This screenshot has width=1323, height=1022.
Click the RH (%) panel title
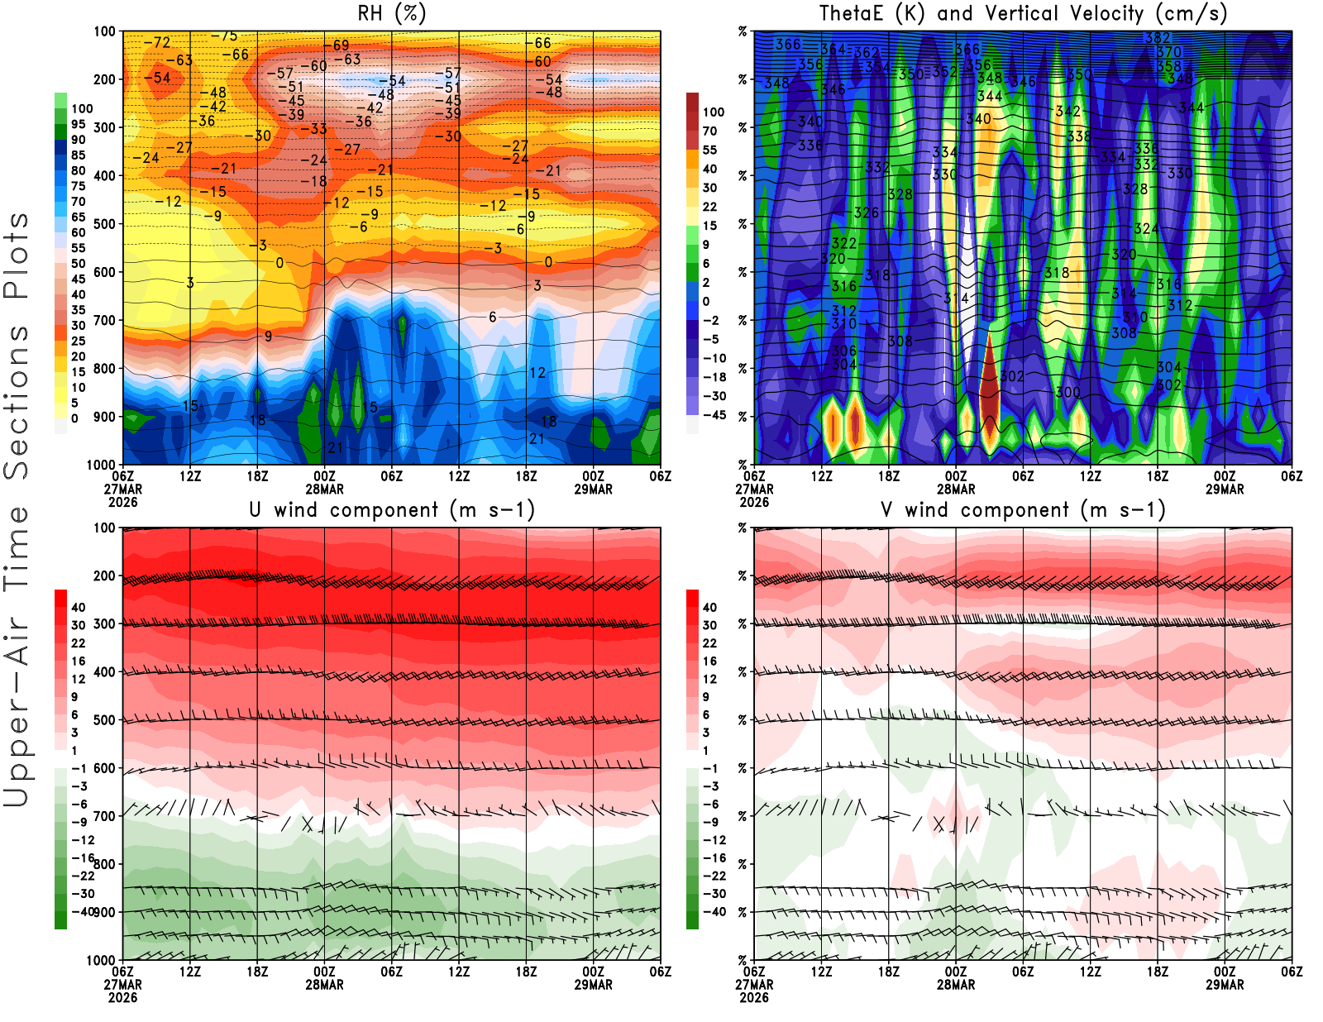pos(392,14)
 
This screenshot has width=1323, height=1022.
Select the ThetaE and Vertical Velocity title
pos(1023,14)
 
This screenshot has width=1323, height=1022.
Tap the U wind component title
pos(392,510)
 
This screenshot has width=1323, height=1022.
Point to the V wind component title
pos(1023,510)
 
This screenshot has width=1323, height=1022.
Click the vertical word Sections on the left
pos(17,401)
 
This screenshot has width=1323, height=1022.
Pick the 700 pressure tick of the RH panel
pos(104,320)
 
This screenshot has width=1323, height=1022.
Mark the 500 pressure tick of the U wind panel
pos(104,720)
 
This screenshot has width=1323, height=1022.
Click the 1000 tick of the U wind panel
pos(101,960)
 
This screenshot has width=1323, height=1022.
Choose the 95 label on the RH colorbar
pos(78,124)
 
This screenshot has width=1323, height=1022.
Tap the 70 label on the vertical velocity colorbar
pos(709,131)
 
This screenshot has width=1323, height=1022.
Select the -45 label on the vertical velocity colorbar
pos(714,415)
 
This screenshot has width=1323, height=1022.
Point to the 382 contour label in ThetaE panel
pos(1157,38)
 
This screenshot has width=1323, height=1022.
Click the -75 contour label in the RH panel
pos(224,36)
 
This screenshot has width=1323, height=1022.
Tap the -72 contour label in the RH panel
pos(157,42)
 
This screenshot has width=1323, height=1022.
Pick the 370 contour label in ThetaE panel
pos(1168,52)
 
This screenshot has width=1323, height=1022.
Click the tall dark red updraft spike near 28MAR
pos(990,389)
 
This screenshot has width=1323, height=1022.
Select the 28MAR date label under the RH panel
pos(324,489)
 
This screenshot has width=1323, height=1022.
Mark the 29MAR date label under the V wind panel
pos(1225,985)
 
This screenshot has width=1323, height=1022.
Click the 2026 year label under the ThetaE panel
pos(754,502)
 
